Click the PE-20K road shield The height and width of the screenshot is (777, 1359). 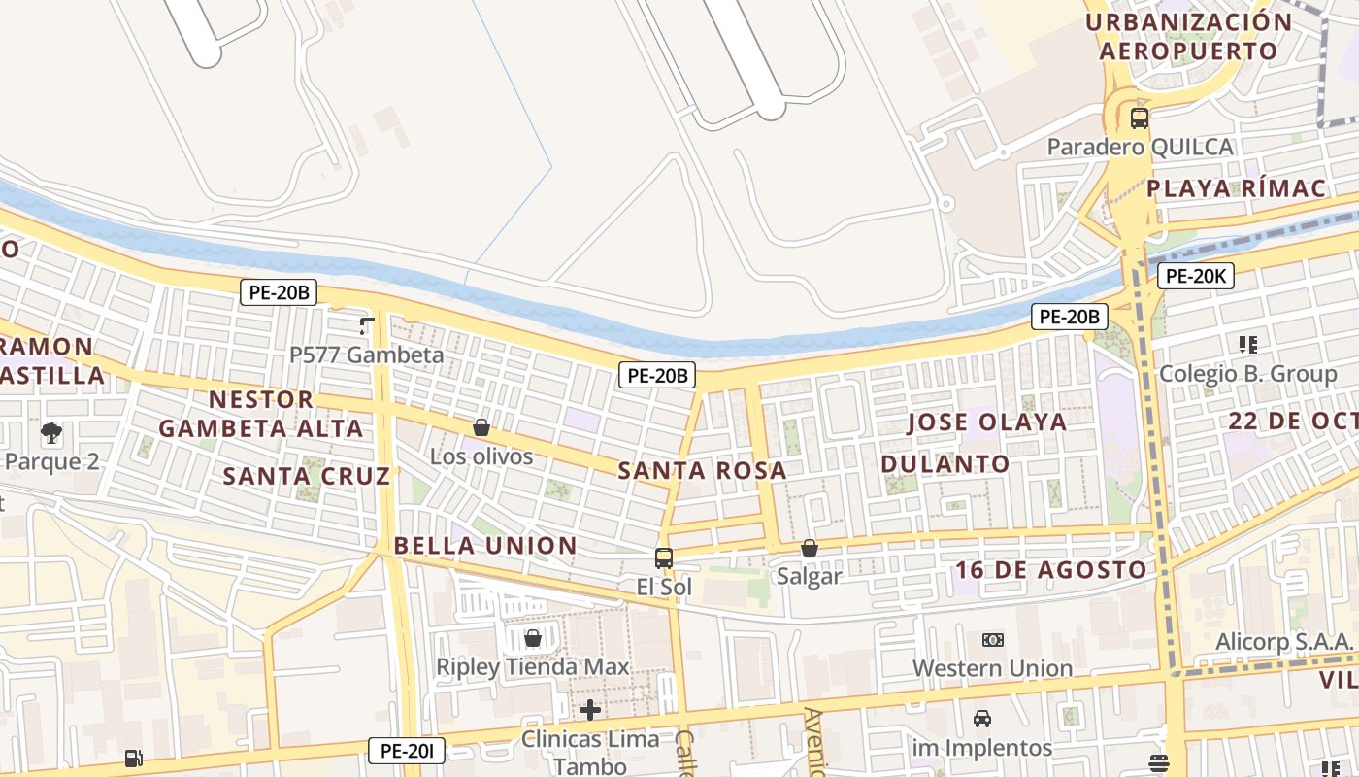pyautogui.click(x=1196, y=276)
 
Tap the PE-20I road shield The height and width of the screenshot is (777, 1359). pyautogui.click(x=407, y=750)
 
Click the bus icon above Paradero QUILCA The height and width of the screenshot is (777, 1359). pyautogui.click(x=1140, y=118)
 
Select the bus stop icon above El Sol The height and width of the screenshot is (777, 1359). pyautogui.click(x=664, y=558)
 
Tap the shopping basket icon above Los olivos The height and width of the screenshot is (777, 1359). pyautogui.click(x=481, y=427)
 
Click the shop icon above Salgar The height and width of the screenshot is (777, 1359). pyautogui.click(x=809, y=548)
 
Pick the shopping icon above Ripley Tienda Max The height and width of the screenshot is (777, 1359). pyautogui.click(x=532, y=638)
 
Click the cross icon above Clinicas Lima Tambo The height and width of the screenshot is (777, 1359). pyautogui.click(x=589, y=710)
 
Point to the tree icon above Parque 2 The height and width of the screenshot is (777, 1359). pyautogui.click(x=50, y=432)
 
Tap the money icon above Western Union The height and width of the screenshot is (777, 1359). pyautogui.click(x=992, y=640)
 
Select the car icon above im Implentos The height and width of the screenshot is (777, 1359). pyautogui.click(x=982, y=719)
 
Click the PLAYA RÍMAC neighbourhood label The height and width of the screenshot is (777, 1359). pyautogui.click(x=1236, y=188)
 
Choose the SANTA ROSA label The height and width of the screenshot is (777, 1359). pyautogui.click(x=702, y=471)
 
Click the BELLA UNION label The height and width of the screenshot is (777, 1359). pyautogui.click(x=485, y=546)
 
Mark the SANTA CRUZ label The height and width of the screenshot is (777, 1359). pyautogui.click(x=306, y=476)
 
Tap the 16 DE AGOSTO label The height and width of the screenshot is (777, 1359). pyautogui.click(x=1050, y=570)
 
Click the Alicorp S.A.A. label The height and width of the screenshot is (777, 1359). pyautogui.click(x=1283, y=642)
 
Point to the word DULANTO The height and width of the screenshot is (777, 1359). pyautogui.click(x=945, y=464)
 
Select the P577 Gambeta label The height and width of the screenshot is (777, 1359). pyautogui.click(x=367, y=355)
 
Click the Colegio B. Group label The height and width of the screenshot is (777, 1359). pyautogui.click(x=1248, y=373)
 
